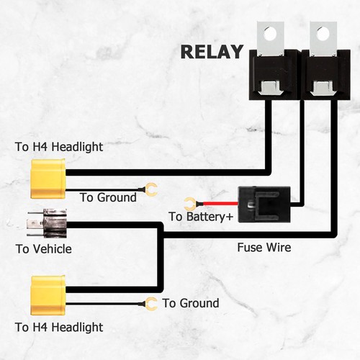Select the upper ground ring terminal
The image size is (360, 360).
tap(151, 190)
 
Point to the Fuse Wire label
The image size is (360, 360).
tap(264, 247)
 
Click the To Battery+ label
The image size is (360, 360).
tap(201, 217)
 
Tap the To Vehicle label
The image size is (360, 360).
tap(43, 249)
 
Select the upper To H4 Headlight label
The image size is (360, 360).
tap(59, 147)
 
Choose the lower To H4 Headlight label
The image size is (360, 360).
tap(59, 327)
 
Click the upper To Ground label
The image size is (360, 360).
tap(108, 197)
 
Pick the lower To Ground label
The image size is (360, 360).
tap(191, 303)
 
